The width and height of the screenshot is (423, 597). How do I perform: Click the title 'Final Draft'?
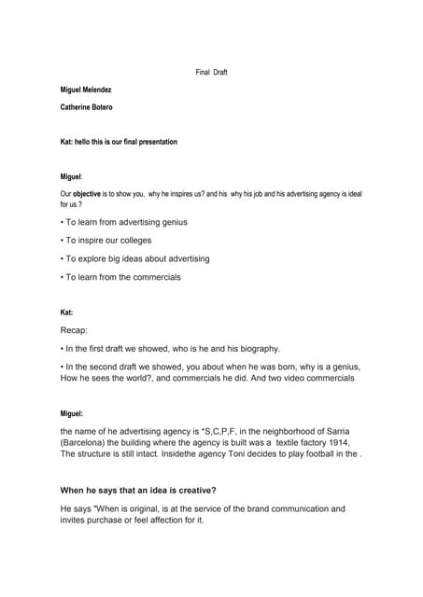click(x=211, y=73)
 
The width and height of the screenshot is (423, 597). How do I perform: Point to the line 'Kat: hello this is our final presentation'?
click(x=119, y=142)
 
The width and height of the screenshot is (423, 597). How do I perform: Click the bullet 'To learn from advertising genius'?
click(x=124, y=222)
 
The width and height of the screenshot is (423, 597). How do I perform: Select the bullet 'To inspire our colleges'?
click(x=108, y=241)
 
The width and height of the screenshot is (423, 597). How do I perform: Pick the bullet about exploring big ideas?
click(x=135, y=258)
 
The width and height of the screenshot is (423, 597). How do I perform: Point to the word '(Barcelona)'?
click(x=85, y=441)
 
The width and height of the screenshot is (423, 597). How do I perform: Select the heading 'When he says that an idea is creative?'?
click(x=144, y=490)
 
